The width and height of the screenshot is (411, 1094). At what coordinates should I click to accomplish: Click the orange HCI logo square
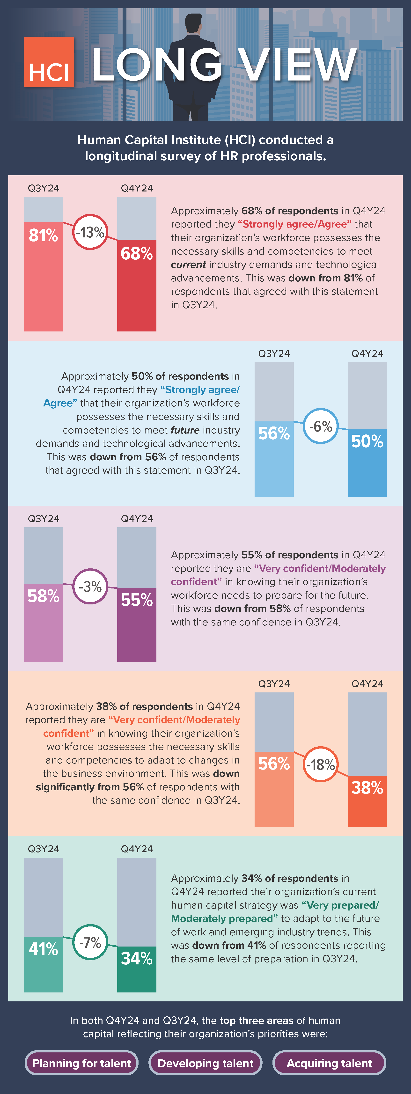pyautogui.click(x=49, y=62)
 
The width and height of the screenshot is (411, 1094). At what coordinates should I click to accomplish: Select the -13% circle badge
pyautogui.click(x=90, y=232)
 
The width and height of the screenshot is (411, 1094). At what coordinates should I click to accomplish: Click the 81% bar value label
pyautogui.click(x=43, y=235)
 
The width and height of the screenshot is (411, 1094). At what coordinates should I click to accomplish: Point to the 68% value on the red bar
pyautogui.click(x=137, y=254)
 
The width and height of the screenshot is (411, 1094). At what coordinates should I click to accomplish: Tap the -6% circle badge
pyautogui.click(x=321, y=426)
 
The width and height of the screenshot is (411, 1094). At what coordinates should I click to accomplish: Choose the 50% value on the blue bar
pyautogui.click(x=367, y=441)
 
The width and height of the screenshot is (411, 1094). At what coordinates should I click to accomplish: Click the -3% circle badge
pyautogui.click(x=90, y=587)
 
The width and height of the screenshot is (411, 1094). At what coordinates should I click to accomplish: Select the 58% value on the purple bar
pyautogui.click(x=43, y=596)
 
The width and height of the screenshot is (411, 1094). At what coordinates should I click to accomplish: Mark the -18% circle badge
pyautogui.click(x=321, y=764)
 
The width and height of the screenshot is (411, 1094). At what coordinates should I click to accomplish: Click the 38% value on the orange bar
pyautogui.click(x=367, y=788)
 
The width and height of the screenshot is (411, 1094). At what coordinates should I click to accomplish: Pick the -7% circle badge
pyautogui.click(x=90, y=942)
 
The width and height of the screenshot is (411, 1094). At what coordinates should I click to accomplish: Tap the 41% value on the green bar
pyautogui.click(x=43, y=949)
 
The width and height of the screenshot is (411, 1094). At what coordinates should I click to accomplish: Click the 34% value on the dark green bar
pyautogui.click(x=137, y=958)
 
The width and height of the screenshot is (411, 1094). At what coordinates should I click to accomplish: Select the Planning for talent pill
pyautogui.click(x=81, y=1063)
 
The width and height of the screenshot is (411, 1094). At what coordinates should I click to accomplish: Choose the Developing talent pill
pyautogui.click(x=205, y=1063)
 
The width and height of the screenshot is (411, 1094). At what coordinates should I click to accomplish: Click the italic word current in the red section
pyautogui.click(x=189, y=264)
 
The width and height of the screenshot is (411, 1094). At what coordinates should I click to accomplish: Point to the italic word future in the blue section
pyautogui.click(x=185, y=430)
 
